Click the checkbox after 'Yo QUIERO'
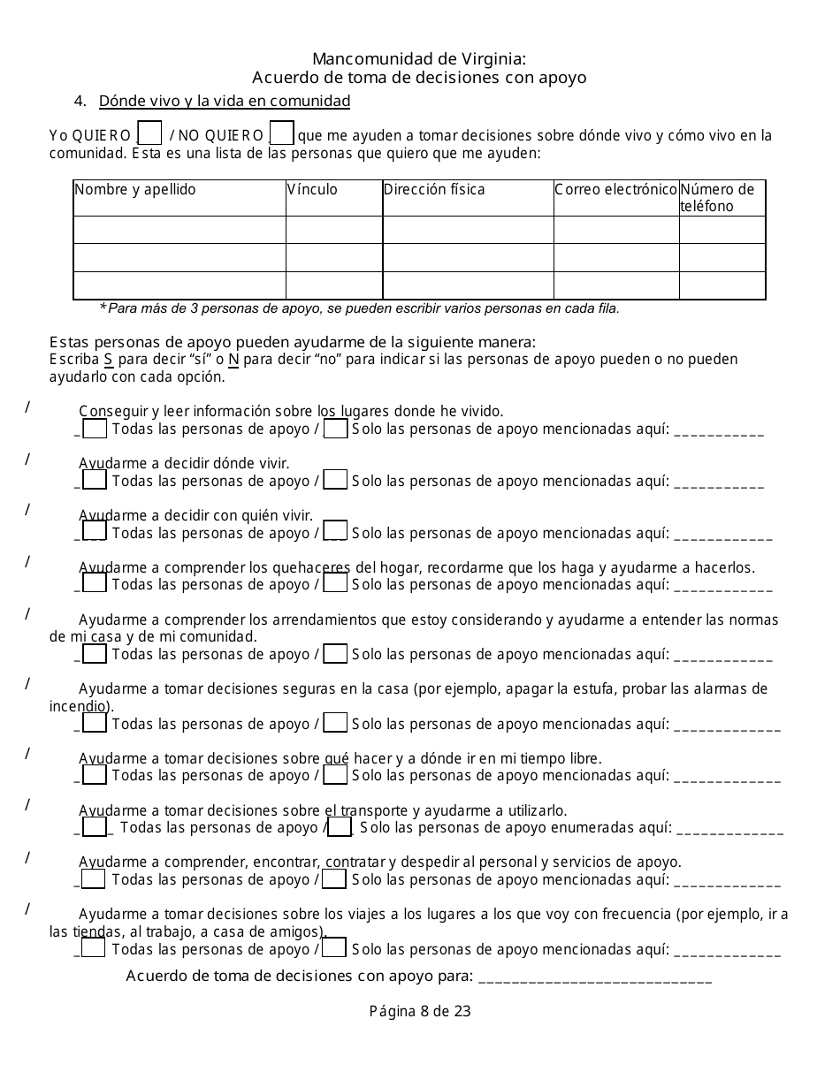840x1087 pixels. pyautogui.click(x=150, y=133)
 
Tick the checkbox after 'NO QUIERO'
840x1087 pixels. pyautogui.click(x=281, y=133)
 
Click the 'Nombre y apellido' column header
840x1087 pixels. pyautogui.click(x=135, y=190)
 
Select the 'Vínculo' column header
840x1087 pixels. pyautogui.click(x=313, y=190)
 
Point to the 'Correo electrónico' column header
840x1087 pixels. pyautogui.click(x=615, y=190)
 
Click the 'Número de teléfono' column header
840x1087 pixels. pyautogui.click(x=717, y=198)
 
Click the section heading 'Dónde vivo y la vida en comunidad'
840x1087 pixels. pyautogui.click(x=225, y=101)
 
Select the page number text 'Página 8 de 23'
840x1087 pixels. pyautogui.click(x=420, y=1012)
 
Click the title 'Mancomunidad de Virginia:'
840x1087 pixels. pyautogui.click(x=420, y=59)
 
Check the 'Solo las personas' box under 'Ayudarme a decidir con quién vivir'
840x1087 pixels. pyautogui.click(x=335, y=531)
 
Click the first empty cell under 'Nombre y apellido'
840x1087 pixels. pyautogui.click(x=179, y=230)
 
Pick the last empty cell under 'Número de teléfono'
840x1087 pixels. pyautogui.click(x=722, y=285)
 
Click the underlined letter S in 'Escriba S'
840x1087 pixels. pyautogui.click(x=108, y=360)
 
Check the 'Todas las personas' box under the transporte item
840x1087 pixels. pyautogui.click(x=95, y=827)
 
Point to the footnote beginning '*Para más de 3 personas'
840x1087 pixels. pyautogui.click(x=359, y=308)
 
